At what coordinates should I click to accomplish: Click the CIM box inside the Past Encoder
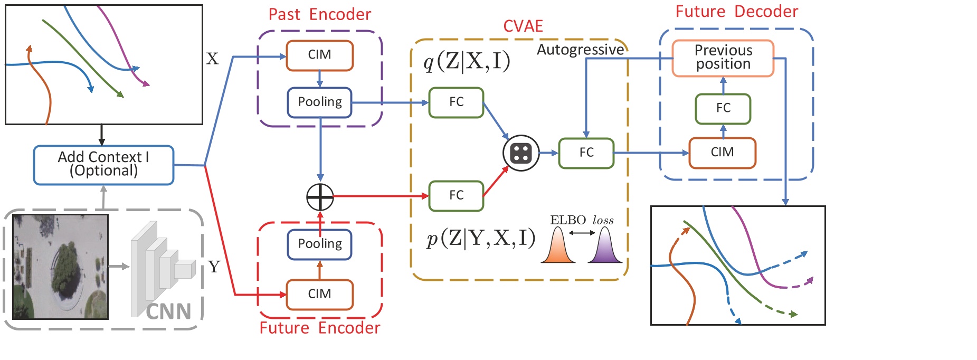click(319, 55)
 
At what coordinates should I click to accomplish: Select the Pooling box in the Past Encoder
click(319, 102)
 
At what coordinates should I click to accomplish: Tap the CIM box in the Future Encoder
click(319, 294)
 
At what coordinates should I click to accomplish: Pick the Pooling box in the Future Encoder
click(319, 244)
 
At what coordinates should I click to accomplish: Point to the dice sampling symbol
click(521, 153)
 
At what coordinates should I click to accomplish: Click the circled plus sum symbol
click(320, 197)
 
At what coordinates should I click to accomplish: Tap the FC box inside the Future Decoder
click(723, 108)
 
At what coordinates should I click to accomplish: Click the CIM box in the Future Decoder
click(722, 153)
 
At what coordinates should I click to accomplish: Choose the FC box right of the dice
click(586, 153)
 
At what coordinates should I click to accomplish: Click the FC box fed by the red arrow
click(456, 196)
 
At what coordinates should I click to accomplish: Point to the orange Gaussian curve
click(558, 246)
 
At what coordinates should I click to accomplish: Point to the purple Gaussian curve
click(605, 246)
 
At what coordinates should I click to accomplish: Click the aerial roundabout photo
click(60, 267)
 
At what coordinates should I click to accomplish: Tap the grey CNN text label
click(168, 311)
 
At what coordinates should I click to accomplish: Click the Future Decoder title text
click(736, 12)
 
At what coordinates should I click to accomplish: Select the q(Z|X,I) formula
click(467, 62)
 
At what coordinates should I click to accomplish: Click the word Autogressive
click(580, 50)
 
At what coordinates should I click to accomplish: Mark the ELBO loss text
click(582, 220)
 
